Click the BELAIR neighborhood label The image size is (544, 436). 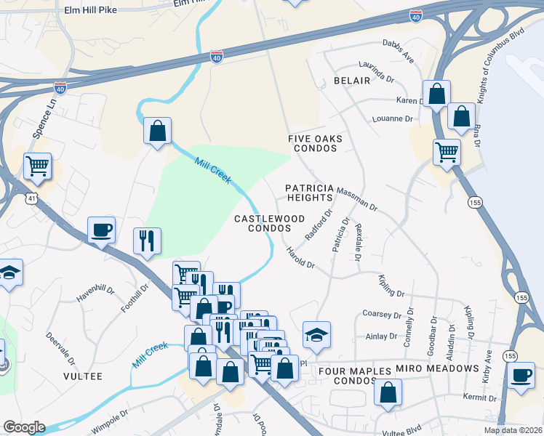coord(352,81)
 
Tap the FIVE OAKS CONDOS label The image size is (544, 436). coord(315,143)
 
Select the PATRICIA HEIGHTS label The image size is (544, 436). coord(309,193)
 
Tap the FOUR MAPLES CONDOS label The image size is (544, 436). coord(356,376)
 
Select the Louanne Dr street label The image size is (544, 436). coord(392,118)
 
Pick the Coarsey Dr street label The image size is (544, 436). coord(382,315)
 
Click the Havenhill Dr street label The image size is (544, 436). coord(96,294)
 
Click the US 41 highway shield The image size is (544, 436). coord(30,197)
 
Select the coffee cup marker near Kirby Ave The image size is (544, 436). coord(521,376)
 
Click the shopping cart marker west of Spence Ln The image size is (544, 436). coord(37,166)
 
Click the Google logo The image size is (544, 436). coord(24,427)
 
